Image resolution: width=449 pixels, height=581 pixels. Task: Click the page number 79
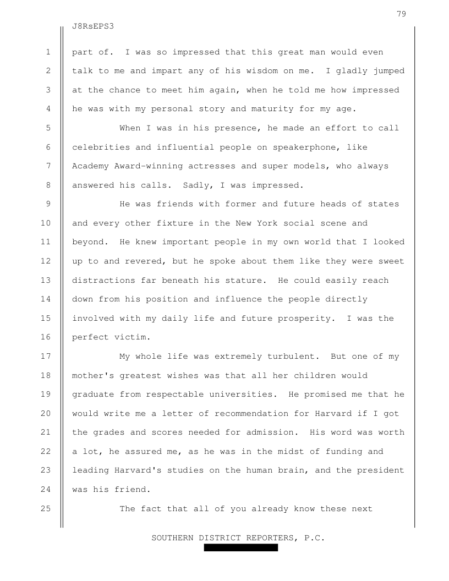click(401, 14)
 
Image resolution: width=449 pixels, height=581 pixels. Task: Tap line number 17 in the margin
click(48, 356)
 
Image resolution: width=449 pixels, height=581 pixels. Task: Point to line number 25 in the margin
click(48, 508)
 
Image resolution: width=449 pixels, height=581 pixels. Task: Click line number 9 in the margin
click(48, 204)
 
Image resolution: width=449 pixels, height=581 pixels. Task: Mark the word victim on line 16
click(127, 337)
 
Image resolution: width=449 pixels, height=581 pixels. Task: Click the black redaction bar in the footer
click(240, 547)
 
